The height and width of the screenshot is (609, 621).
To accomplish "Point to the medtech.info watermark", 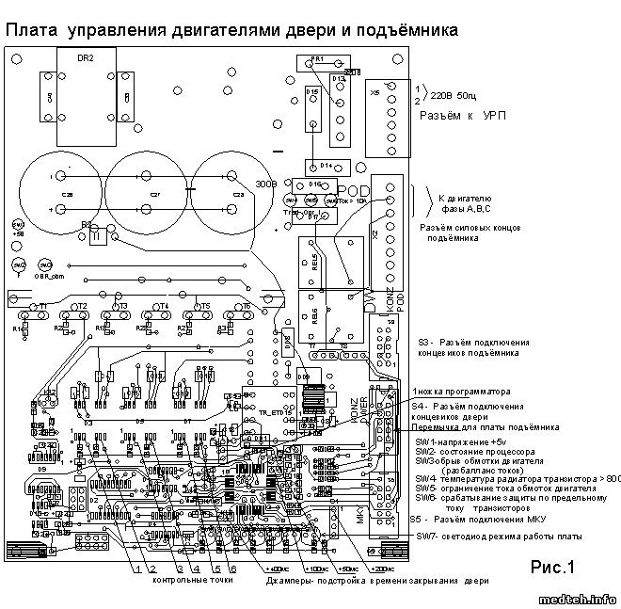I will tap(578, 598).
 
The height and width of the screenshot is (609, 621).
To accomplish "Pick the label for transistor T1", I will tap(42, 307).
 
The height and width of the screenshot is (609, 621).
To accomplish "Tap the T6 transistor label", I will tap(246, 307).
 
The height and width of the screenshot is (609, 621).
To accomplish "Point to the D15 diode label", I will tap(310, 90).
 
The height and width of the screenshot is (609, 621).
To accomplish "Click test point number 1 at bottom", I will tap(137, 569).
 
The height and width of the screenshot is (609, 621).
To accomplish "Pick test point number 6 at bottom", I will tap(233, 569).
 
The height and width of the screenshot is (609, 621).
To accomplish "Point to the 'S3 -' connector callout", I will tap(424, 343).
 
